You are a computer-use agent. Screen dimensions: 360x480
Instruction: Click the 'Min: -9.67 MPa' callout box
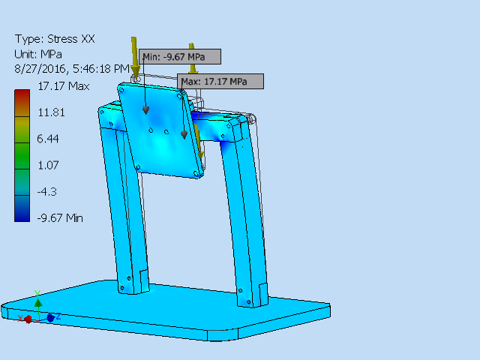180,57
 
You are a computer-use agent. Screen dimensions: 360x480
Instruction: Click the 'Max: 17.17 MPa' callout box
220,81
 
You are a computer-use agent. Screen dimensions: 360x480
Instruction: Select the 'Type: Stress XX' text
55,39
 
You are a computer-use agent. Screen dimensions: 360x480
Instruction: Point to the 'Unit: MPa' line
38,54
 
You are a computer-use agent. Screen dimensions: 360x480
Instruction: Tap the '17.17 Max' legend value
64,86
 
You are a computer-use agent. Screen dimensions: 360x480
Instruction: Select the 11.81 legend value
52,112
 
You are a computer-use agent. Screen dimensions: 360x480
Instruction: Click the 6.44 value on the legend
49,139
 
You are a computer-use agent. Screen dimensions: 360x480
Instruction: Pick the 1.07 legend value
49,165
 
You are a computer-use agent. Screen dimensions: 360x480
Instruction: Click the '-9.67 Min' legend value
61,217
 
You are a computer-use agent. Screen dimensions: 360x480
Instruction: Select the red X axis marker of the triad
28,319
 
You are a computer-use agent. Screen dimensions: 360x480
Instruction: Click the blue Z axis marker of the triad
50,318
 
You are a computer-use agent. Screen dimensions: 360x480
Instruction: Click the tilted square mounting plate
161,127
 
